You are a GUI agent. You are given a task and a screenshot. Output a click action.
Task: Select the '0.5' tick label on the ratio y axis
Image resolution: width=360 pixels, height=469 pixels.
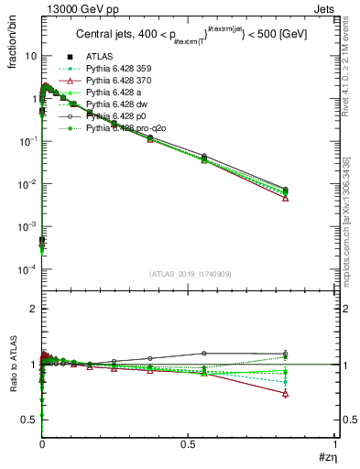(28, 420)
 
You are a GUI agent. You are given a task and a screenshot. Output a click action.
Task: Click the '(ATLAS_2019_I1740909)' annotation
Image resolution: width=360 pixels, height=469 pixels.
(189, 274)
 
